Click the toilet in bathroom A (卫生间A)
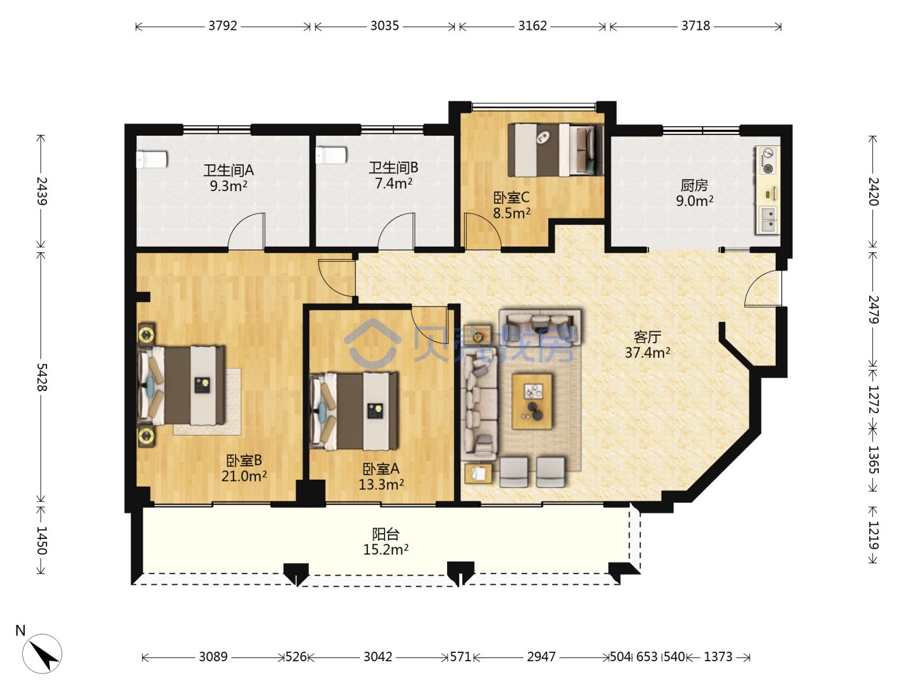coord(152,159)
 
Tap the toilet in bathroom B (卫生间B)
coord(331,155)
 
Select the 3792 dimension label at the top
coord(223,26)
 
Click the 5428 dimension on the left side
coord(41,376)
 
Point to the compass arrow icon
coord(42,654)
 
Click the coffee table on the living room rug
coord(532,401)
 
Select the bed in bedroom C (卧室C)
coord(555,150)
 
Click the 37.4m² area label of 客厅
coord(648,352)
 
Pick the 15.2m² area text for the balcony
coord(385,550)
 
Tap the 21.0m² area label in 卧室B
coord(244,476)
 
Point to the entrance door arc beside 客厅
coord(763,288)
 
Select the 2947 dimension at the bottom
coord(541,657)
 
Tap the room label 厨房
coord(694,185)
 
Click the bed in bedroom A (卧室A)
coord(353,411)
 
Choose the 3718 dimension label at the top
coord(695,26)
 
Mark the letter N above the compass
coord(20,631)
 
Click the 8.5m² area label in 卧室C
coord(511,213)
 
